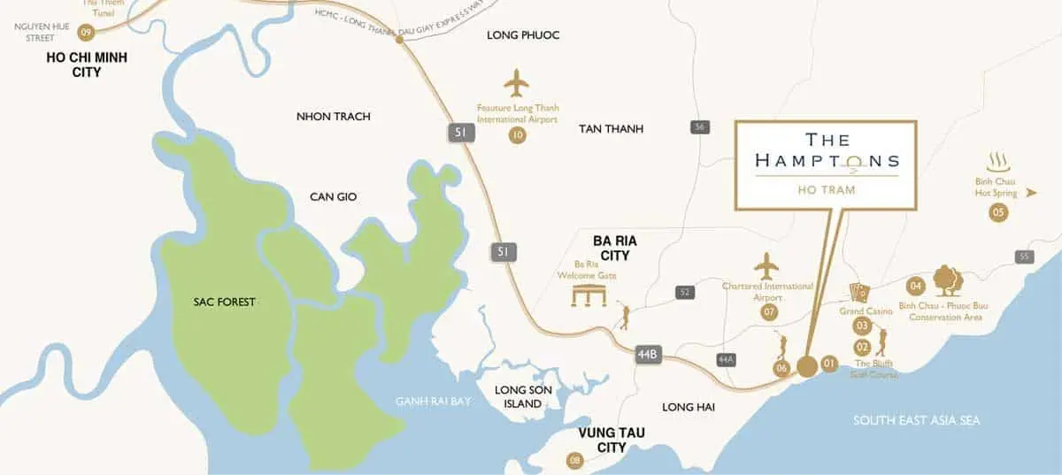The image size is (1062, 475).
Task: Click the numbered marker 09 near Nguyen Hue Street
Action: tap(86, 32)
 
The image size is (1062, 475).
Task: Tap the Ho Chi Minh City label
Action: tap(87, 65)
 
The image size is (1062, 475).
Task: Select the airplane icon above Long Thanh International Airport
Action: tap(516, 85)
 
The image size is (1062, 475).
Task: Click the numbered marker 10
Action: tap(518, 135)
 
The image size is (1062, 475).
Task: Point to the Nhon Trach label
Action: tap(334, 117)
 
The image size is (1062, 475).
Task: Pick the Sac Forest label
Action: tap(224, 303)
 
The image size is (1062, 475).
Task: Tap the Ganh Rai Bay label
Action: tap(433, 402)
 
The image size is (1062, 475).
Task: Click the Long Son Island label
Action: tap(518, 397)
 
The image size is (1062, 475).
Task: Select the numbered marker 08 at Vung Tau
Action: tap(575, 460)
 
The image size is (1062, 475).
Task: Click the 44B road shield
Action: tap(648, 355)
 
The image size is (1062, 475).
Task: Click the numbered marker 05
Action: tap(998, 212)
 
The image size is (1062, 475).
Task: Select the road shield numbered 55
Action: tap(1025, 257)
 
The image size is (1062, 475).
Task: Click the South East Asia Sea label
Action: tap(916, 420)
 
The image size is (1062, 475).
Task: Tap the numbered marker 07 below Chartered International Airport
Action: tap(769, 312)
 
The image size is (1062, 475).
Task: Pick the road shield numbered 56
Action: tap(701, 127)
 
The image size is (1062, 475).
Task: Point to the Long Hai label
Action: tap(688, 407)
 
